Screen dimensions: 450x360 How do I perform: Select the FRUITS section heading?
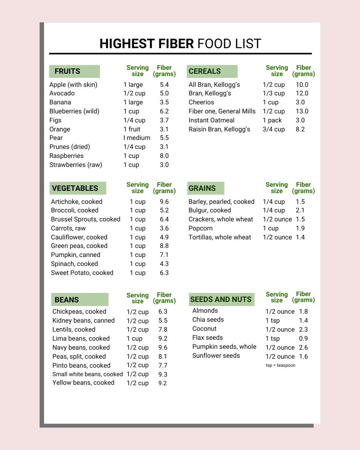point(67,71)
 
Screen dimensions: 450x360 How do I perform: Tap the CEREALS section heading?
point(205,71)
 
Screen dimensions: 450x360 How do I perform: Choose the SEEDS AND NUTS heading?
point(221,299)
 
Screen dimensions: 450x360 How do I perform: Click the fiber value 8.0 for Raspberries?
point(164,156)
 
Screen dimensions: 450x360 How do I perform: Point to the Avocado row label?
point(62,93)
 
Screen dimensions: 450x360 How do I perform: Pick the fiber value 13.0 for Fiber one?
point(302,111)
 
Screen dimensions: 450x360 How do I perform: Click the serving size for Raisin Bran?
point(274,129)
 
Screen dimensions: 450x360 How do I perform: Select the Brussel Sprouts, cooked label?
point(85,219)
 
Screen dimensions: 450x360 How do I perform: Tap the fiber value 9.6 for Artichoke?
point(164,202)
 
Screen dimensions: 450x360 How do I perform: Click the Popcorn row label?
point(201,228)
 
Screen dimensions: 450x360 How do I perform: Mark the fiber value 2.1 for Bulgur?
point(300,210)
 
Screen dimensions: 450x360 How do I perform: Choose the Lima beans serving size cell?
point(135,338)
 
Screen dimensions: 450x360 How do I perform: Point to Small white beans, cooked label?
point(87,374)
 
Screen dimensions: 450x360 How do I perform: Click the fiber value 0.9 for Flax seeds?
point(303,338)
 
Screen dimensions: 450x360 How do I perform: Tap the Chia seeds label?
point(208,319)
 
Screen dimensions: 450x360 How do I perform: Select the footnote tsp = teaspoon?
point(280,365)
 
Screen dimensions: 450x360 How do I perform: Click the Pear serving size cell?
point(137,138)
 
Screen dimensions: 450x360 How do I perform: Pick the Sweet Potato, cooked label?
point(82,273)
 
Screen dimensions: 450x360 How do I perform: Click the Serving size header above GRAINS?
point(277,188)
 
